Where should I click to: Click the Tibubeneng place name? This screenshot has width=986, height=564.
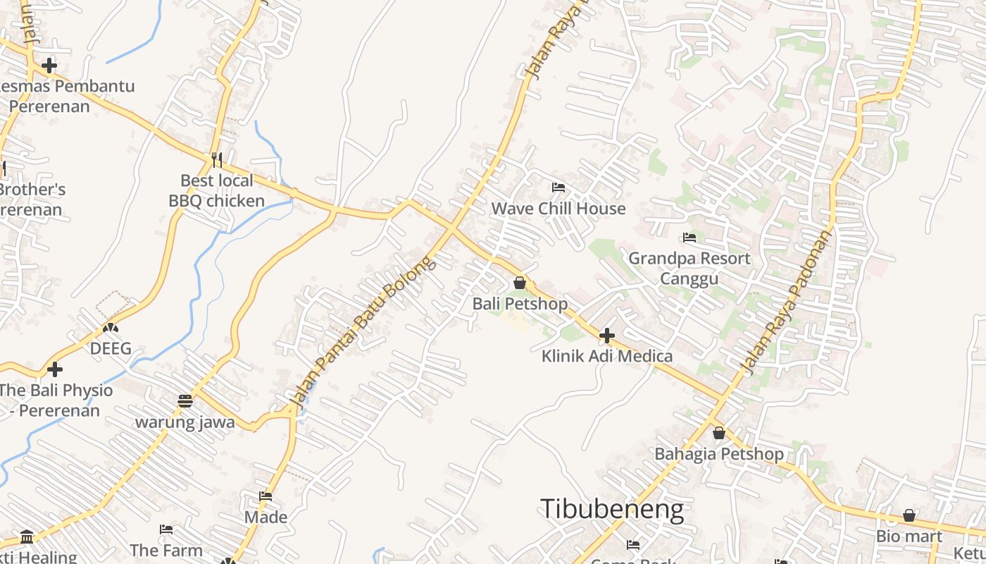coord(611,509)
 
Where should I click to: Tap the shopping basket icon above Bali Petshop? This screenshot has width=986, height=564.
coord(520,283)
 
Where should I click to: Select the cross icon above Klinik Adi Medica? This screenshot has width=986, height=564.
coord(606,336)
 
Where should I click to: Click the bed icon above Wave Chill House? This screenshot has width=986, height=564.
coord(558,188)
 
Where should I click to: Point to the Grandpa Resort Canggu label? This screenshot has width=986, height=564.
coord(689,268)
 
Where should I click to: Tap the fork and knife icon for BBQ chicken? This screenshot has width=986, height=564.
coord(217,160)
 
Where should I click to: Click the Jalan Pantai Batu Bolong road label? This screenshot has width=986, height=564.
coord(363,333)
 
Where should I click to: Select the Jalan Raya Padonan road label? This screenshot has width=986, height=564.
coord(787,302)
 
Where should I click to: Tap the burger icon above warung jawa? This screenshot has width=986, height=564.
coord(185,401)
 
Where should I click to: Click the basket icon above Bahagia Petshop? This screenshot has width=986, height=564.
coord(718,433)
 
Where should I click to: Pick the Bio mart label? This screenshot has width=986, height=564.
coord(909,537)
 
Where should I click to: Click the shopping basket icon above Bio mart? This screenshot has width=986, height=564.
coord(909,515)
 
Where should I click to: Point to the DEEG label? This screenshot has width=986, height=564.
coord(111,348)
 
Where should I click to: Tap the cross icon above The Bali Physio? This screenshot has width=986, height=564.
coord(55,369)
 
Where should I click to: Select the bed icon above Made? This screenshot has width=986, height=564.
coord(266,496)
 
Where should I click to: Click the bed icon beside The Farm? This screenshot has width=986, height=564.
coord(166,529)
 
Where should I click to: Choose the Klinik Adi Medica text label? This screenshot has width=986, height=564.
coord(606,356)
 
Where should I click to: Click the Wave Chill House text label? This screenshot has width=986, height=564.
coord(558,209)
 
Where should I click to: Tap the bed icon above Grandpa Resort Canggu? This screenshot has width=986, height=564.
coord(689,238)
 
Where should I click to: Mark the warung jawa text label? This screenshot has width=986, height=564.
coord(185,422)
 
